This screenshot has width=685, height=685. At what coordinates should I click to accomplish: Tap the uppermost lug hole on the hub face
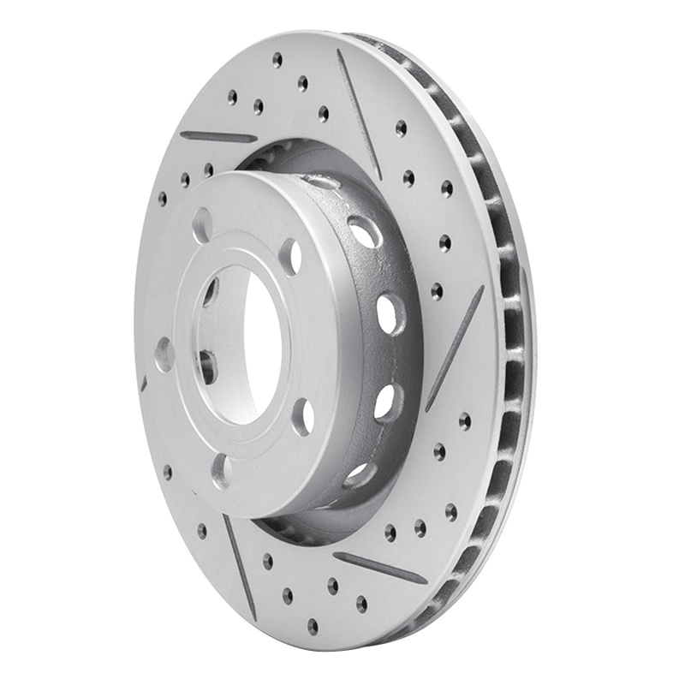(x=202, y=224)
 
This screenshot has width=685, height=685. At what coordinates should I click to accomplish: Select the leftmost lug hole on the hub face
(x=164, y=354)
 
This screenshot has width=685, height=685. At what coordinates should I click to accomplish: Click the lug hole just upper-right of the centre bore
(x=291, y=255)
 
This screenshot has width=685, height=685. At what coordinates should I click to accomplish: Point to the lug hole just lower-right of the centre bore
(x=302, y=416)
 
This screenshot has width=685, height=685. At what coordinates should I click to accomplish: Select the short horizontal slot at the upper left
(x=218, y=136)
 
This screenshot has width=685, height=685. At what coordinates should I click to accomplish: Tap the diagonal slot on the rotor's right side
(x=455, y=348)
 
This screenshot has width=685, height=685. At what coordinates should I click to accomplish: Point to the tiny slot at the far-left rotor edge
(x=144, y=383)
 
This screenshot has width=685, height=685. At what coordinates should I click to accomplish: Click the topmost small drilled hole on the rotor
(x=277, y=59)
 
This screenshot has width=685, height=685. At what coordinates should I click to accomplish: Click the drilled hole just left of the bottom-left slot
(x=202, y=531)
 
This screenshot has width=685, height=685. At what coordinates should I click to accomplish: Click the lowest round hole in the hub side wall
(x=357, y=474)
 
